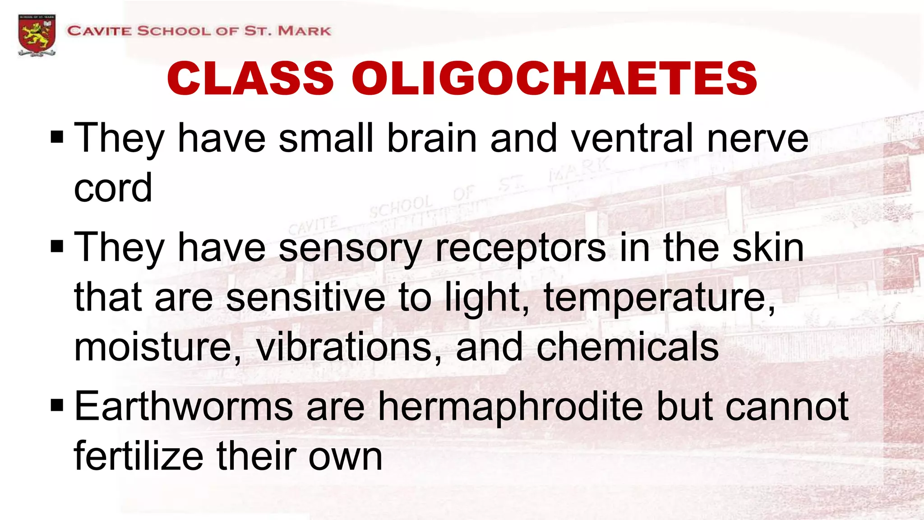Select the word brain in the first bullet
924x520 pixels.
pos(432,138)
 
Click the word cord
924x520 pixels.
pos(113,188)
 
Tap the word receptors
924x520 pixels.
pos(520,248)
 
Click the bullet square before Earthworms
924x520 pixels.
pos(57,405)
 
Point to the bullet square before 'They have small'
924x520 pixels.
pos(57,136)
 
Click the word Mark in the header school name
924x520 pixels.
pos(304,31)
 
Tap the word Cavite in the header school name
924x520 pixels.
pos(100,31)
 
